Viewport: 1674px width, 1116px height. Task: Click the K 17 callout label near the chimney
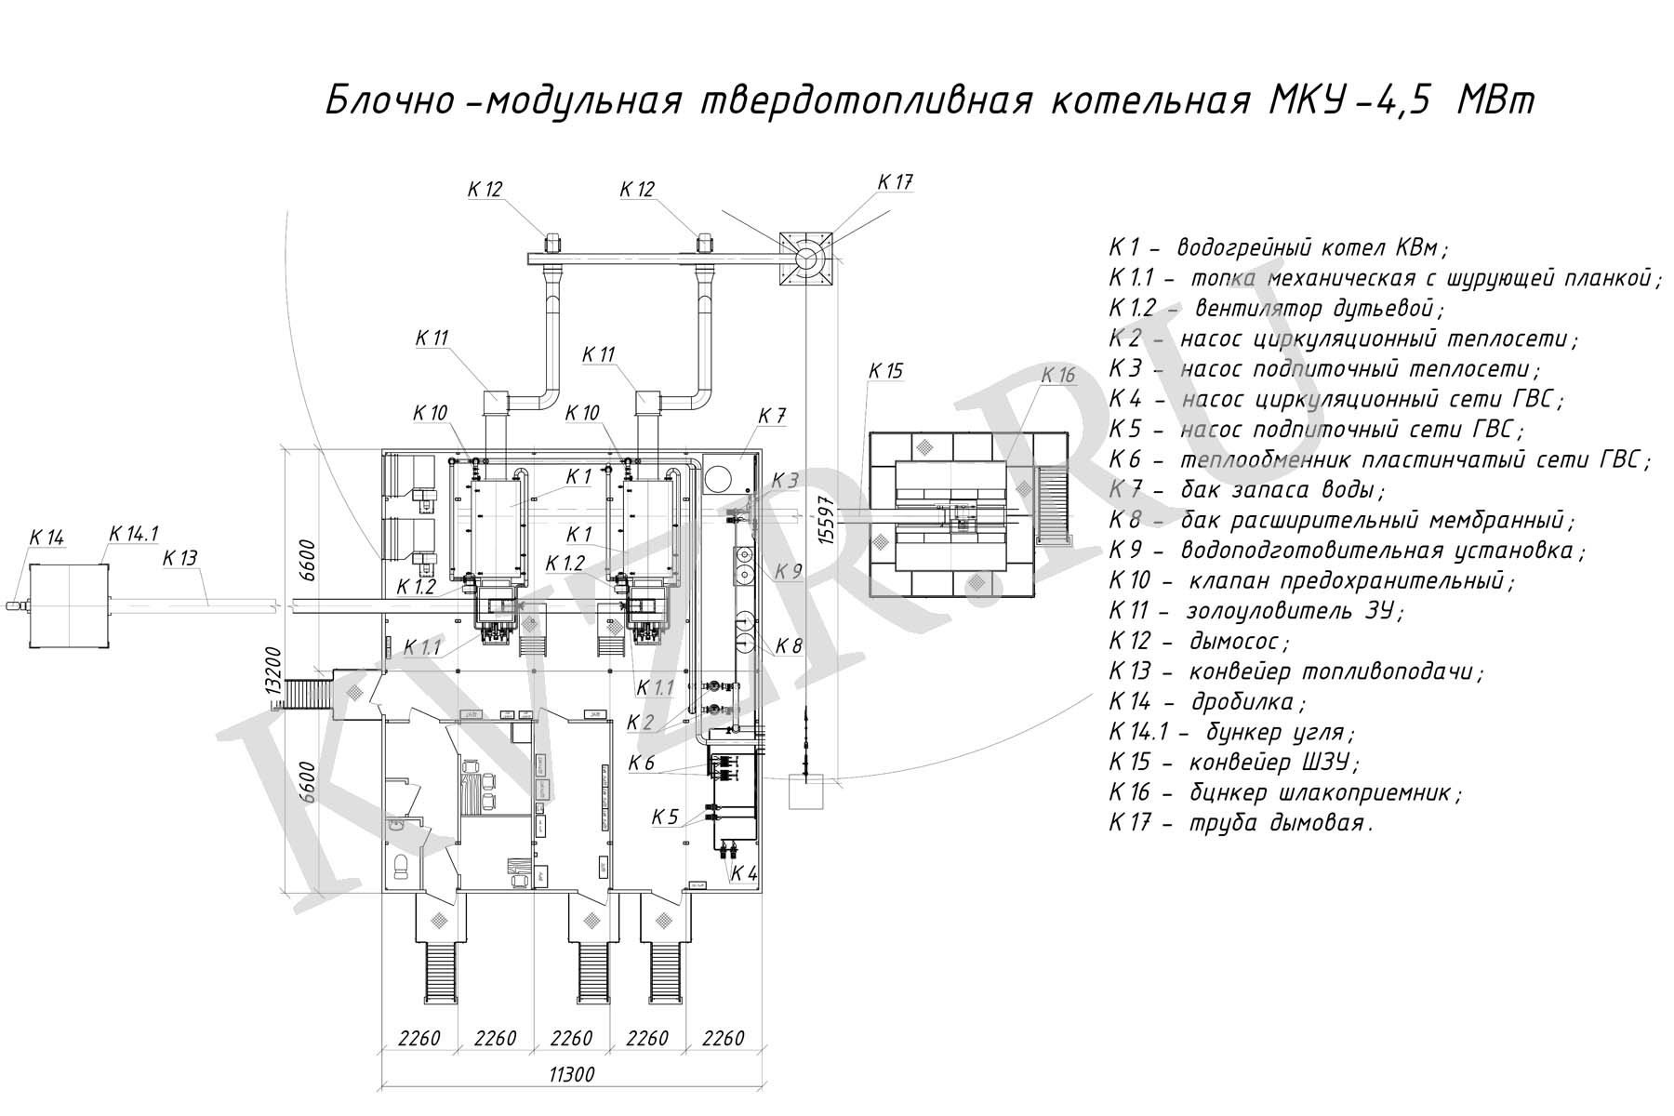coord(895,182)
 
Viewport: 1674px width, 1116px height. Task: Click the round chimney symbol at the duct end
coord(805,256)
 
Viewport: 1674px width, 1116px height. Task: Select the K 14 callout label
coord(46,538)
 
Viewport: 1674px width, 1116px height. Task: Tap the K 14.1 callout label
coord(134,534)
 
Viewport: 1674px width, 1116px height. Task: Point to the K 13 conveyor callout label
coord(180,558)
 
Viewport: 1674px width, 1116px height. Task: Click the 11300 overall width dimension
coord(571,1075)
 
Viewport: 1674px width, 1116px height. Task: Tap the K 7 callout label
coord(772,416)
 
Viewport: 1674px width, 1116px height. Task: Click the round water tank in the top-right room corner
coord(721,478)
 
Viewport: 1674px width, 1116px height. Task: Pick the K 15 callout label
coord(885,371)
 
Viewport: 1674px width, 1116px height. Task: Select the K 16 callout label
coord(1057,375)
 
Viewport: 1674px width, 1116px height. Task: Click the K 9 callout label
coord(788,571)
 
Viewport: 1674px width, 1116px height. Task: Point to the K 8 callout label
coord(788,645)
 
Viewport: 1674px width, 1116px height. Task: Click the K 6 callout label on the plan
coord(642,764)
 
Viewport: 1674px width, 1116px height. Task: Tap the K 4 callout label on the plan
coord(744,873)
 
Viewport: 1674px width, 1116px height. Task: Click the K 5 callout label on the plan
coord(665,817)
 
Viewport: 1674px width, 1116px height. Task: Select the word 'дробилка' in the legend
coord(1248,701)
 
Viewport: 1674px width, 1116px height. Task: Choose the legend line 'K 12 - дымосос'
coord(1199,641)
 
